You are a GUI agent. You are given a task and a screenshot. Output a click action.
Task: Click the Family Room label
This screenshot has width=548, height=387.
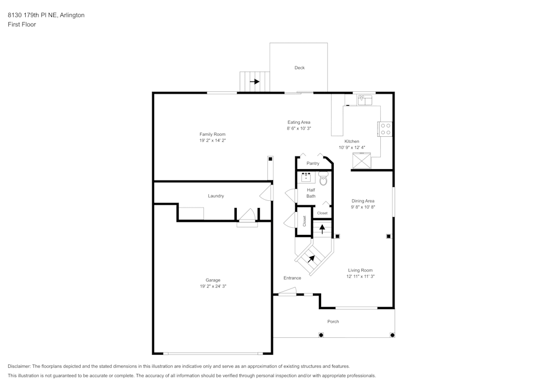(212, 134)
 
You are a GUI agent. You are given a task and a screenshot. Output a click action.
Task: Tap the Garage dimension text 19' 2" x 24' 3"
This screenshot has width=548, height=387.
(212, 286)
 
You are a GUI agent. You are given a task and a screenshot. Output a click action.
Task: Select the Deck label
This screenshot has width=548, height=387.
(299, 68)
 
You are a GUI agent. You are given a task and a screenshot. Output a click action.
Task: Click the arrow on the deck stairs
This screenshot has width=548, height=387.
(255, 82)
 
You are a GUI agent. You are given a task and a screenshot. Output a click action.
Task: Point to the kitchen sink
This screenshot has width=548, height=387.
(364, 100)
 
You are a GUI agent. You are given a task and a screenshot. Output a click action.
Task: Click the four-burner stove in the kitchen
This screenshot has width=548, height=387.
(386, 129)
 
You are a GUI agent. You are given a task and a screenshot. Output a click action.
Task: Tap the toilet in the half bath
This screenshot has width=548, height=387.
(323, 178)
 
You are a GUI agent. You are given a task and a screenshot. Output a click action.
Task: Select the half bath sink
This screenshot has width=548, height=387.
(306, 177)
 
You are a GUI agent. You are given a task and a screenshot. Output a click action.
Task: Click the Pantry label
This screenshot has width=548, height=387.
(313, 163)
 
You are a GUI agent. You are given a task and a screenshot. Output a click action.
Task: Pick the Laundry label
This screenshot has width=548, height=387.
(216, 196)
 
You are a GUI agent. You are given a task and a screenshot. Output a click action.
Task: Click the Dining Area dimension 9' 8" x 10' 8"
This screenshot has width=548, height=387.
(363, 207)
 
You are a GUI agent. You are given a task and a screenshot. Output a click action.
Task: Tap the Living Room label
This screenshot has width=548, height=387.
(360, 270)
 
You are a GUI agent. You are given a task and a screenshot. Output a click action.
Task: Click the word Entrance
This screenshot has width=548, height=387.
(292, 278)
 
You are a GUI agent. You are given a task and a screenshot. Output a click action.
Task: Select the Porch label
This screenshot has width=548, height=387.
(333, 321)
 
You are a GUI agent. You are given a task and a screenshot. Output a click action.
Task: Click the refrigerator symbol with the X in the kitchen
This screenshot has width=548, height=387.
(362, 161)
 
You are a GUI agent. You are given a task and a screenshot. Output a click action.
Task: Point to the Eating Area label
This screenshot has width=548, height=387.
(299, 122)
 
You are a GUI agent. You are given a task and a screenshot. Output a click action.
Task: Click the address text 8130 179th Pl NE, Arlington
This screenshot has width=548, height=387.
(46, 15)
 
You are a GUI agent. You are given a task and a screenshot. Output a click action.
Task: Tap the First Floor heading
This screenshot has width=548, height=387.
(22, 25)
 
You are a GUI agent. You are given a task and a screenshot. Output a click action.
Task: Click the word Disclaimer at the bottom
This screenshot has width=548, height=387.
(19, 366)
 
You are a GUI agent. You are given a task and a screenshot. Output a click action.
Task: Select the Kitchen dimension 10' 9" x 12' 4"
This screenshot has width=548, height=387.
(352, 147)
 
